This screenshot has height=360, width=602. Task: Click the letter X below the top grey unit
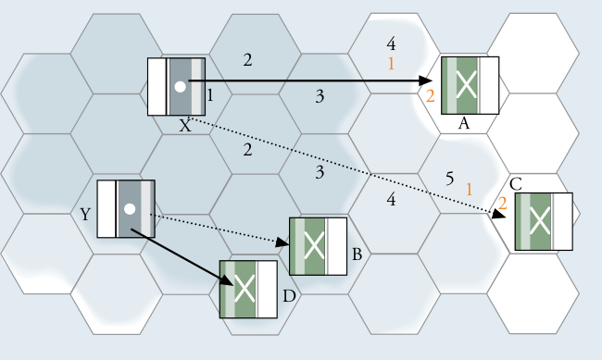[x=185, y=126]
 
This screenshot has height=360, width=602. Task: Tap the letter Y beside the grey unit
[x=85, y=214]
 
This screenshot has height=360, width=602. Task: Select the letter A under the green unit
[x=464, y=124]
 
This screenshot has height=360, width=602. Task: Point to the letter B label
[x=357, y=254]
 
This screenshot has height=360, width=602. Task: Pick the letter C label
[x=516, y=184]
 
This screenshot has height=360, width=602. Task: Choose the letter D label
[x=289, y=296]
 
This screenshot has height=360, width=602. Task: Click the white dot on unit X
[x=180, y=87]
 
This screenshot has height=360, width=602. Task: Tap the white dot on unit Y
[x=130, y=209]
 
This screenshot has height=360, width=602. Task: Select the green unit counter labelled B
[x=319, y=246]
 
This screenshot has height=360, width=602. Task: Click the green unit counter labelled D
[x=248, y=290]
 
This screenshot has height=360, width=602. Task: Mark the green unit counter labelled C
[x=544, y=221]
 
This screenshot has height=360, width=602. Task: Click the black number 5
[x=449, y=179]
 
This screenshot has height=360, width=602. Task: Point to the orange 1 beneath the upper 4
[x=391, y=63]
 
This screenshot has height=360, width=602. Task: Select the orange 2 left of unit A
[x=431, y=96]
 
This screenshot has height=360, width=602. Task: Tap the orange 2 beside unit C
[x=502, y=203]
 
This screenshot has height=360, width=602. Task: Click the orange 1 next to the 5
[x=469, y=190]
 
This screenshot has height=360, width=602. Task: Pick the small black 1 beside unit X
[x=210, y=95]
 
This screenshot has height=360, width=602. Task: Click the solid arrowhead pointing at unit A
[x=426, y=81]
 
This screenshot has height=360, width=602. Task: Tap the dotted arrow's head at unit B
[x=282, y=242]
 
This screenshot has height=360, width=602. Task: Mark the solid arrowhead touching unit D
[x=228, y=280]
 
